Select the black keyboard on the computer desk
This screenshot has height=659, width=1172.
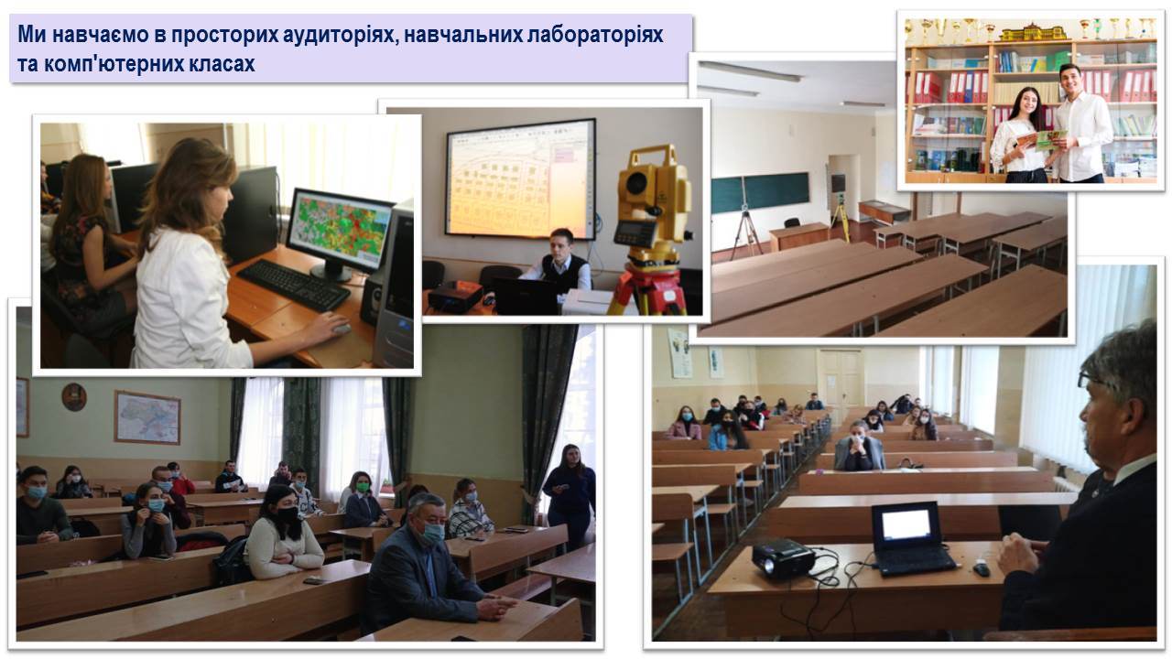pyautogui.click(x=294, y=285)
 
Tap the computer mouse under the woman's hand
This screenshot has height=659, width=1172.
pyautogui.click(x=342, y=329)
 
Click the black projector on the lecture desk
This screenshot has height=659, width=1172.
pyautogui.click(x=783, y=559)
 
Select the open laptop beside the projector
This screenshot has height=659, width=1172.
pyautogui.click(x=910, y=539)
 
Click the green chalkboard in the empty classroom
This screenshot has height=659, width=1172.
pyautogui.click(x=760, y=192)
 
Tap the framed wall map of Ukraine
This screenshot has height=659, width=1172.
pyautogui.click(x=147, y=416)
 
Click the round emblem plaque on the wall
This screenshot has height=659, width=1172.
pyautogui.click(x=74, y=396)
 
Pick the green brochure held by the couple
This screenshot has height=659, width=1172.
pyautogui.click(x=1052, y=140)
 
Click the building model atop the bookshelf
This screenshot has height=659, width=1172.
pyautogui.click(x=1033, y=31)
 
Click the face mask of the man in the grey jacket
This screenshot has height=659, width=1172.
pyautogui.click(x=433, y=533)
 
